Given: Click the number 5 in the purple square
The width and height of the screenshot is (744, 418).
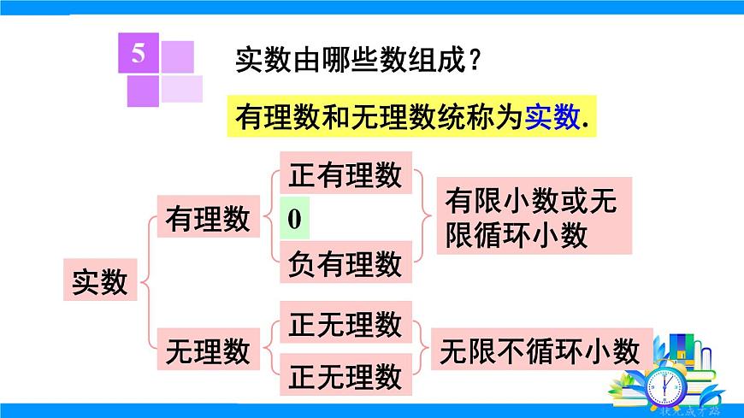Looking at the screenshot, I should (x=139, y=55).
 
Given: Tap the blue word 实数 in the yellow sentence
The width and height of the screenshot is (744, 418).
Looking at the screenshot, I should (x=552, y=117).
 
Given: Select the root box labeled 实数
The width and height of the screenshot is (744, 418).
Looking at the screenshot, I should (x=100, y=281).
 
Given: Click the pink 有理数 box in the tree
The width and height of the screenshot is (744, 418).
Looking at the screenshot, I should (x=208, y=218).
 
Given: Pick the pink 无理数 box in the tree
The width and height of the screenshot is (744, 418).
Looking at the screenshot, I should (x=208, y=350).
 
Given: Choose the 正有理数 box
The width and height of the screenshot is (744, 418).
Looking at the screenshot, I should (x=345, y=174).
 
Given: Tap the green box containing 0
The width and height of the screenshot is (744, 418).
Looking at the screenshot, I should (x=295, y=220).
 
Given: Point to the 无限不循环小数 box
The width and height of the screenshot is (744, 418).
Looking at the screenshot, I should (x=540, y=350).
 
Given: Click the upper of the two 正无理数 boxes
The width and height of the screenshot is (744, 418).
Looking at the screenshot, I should (x=345, y=324).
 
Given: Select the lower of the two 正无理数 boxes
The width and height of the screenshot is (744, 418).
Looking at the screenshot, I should (x=345, y=375).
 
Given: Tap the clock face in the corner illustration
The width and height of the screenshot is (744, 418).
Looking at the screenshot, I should (x=665, y=386).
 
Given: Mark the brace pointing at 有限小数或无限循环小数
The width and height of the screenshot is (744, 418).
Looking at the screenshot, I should (x=424, y=218).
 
